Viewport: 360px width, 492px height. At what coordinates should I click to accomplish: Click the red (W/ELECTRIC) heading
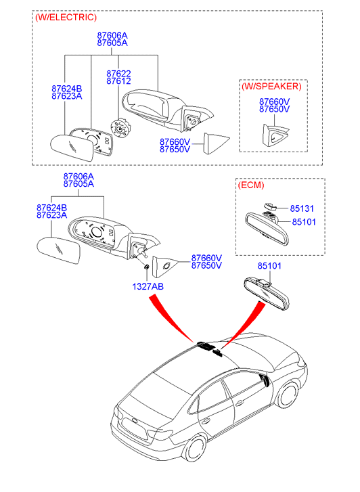(66, 18)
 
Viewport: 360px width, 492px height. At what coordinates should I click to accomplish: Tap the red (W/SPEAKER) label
(271, 87)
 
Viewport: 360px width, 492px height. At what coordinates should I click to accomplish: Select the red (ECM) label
(251, 185)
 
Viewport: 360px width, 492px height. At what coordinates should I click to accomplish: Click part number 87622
(118, 73)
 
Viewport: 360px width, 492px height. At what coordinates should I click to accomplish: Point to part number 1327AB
(148, 286)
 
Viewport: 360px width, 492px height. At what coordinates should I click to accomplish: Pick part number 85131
(302, 208)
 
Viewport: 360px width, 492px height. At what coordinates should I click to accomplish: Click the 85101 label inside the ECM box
(304, 222)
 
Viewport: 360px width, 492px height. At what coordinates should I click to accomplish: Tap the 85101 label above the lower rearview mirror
(269, 266)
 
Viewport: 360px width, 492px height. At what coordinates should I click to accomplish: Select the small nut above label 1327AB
(146, 267)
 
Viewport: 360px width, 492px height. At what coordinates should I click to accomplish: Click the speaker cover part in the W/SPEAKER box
(275, 135)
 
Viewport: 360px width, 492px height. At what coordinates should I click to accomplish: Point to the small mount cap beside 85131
(270, 206)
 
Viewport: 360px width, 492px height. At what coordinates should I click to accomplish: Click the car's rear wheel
(195, 449)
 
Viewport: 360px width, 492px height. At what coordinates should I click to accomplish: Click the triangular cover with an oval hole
(164, 267)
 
